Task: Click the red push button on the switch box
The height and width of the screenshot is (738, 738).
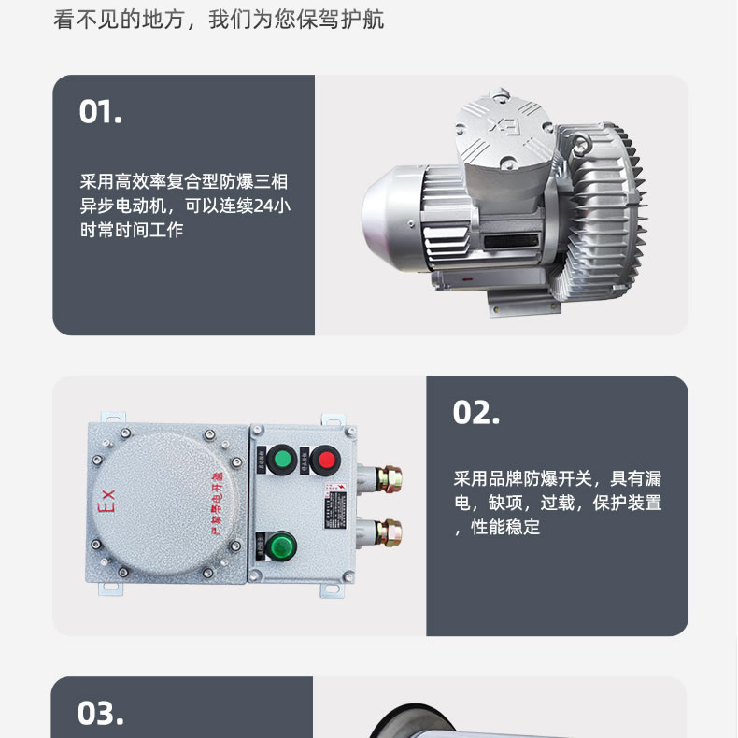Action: pyautogui.click(x=324, y=459)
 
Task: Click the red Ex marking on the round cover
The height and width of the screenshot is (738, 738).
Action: pyautogui.click(x=106, y=503)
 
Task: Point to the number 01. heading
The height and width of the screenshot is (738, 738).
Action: pyautogui.click(x=101, y=112)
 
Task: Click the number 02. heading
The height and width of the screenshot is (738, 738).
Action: pyautogui.click(x=475, y=413)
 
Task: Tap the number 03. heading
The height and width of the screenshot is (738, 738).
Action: pyautogui.click(x=100, y=714)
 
